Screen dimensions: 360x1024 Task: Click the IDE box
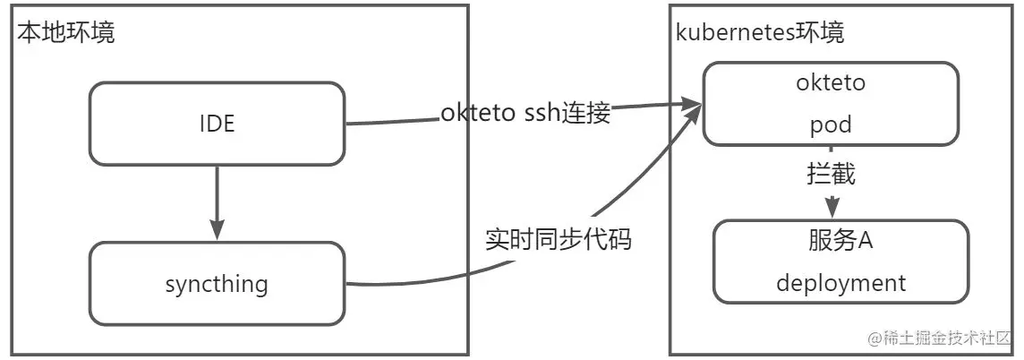[x=218, y=124]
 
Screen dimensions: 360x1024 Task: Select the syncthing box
[x=218, y=284]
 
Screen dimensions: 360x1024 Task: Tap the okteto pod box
[x=831, y=103]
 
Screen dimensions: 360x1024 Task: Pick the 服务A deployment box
[x=841, y=261]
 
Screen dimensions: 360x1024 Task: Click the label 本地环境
[x=66, y=34]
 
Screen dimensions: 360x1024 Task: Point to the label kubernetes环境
[x=760, y=34]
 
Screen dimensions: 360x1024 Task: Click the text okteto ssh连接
[x=525, y=114]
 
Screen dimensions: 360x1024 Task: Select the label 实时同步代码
[x=559, y=240]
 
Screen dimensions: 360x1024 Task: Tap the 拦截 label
[x=832, y=174]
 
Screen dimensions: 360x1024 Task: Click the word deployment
[x=841, y=284]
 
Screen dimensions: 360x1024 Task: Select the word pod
[x=831, y=125]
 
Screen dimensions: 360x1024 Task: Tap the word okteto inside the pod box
[x=831, y=84]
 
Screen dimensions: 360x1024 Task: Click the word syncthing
[x=217, y=285]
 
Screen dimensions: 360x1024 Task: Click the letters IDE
[x=217, y=124]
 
